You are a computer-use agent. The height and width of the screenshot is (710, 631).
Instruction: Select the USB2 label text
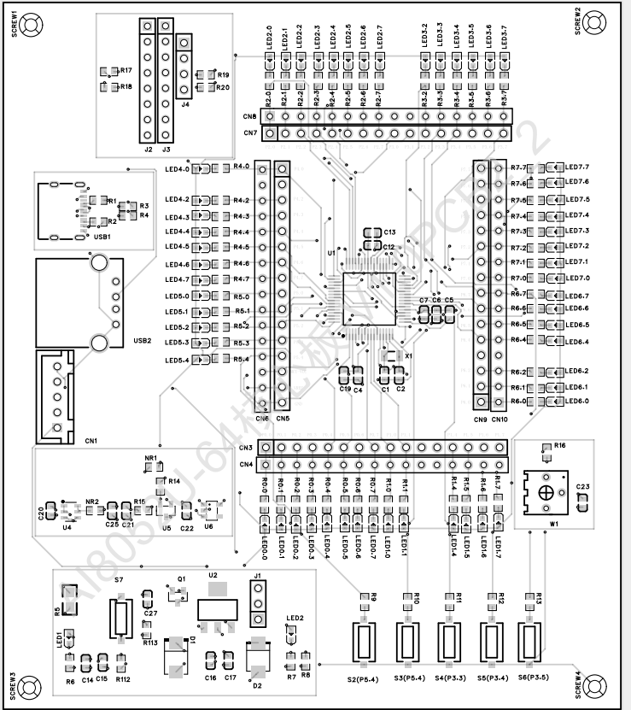click(x=142, y=341)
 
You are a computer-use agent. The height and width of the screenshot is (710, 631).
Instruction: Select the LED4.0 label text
click(x=177, y=168)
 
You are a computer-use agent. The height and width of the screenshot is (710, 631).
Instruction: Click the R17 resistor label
click(x=126, y=70)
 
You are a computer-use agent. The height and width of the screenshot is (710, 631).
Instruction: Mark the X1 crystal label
click(x=408, y=355)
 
